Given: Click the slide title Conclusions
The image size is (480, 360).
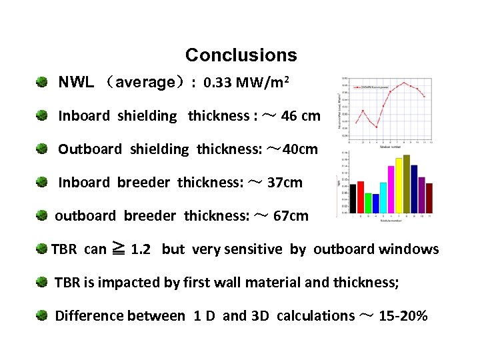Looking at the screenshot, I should click(241, 55).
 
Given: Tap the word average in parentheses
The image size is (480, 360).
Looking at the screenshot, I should click(145, 83).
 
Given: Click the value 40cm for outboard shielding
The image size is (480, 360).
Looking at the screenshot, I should click(300, 149).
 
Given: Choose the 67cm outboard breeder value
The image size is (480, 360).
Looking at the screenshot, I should click(291, 215).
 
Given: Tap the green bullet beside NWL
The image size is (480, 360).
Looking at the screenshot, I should click(42, 83).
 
